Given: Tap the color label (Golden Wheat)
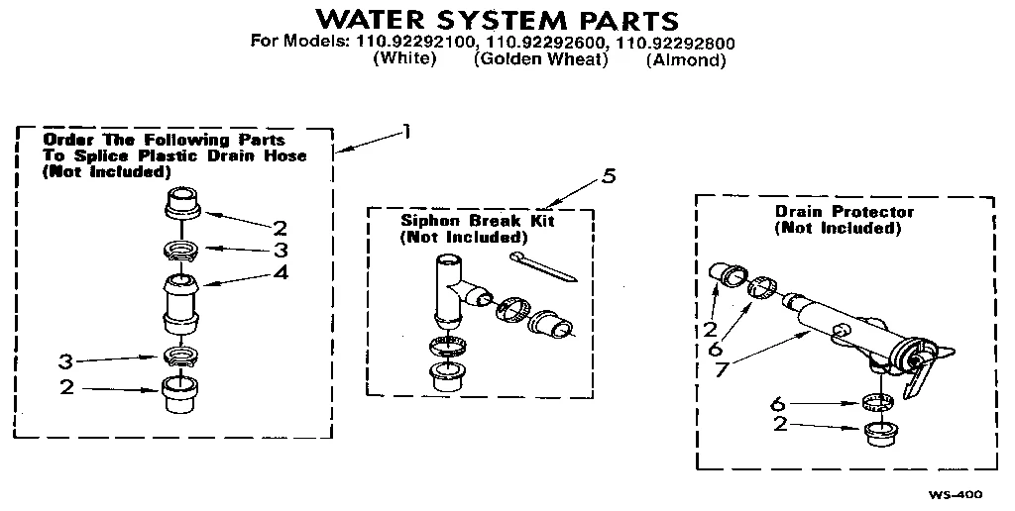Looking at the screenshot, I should (540, 60).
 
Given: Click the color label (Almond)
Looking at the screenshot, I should (686, 60).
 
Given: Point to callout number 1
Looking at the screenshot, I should (405, 131).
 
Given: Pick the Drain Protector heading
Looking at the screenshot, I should (844, 211).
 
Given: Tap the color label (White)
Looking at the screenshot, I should (403, 60).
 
